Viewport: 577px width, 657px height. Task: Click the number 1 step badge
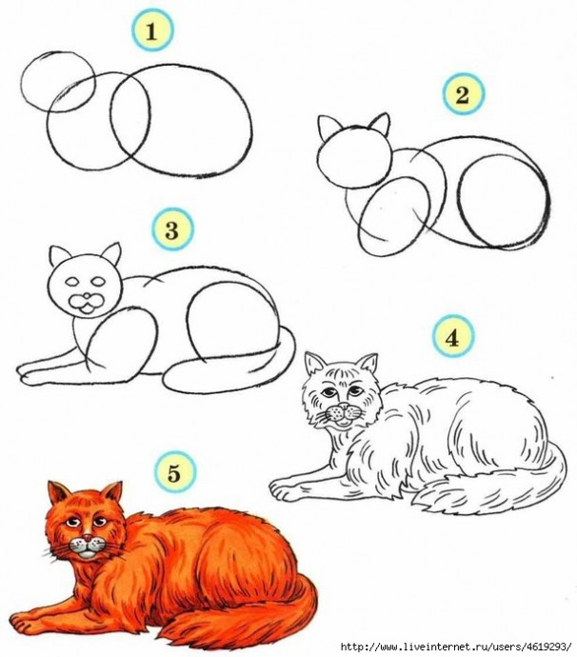point(152,31)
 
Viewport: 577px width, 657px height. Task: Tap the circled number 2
point(463,94)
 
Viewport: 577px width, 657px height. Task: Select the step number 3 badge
point(172,229)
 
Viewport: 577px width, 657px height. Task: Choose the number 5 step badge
point(174,474)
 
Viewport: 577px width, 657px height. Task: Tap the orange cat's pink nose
point(87,538)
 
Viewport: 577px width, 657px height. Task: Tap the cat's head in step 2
point(354,155)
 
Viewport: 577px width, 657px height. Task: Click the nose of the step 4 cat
point(344,406)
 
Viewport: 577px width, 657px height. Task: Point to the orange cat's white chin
point(87,554)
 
